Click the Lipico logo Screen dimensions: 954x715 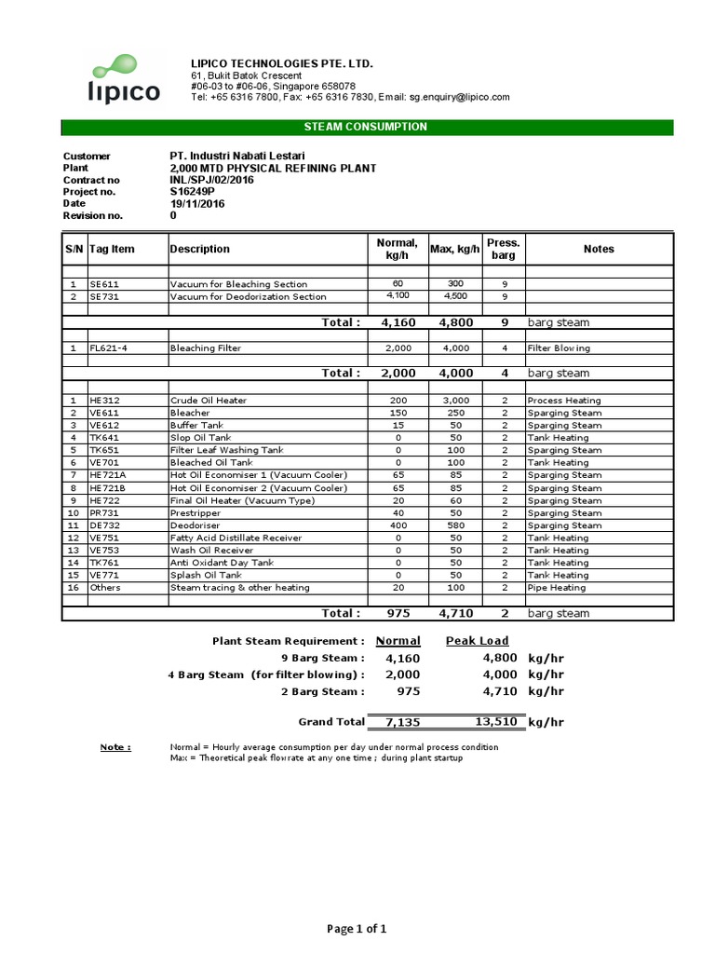(x=125, y=80)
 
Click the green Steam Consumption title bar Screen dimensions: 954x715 (x=366, y=127)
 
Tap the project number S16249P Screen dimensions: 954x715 (x=192, y=192)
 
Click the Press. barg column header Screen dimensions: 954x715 (x=503, y=249)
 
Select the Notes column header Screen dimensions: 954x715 (x=599, y=249)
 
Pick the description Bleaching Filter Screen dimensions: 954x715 (x=205, y=348)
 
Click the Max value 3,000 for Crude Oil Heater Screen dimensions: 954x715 (x=455, y=400)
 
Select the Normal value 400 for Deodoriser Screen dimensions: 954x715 (x=398, y=525)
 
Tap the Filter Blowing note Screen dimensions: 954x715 (x=558, y=348)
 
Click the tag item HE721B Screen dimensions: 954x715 (x=107, y=487)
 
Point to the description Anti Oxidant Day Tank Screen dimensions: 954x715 (x=222, y=563)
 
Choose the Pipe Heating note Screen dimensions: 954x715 (x=557, y=588)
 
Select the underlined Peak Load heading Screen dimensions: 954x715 (x=478, y=641)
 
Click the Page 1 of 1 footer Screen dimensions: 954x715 (x=357, y=928)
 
